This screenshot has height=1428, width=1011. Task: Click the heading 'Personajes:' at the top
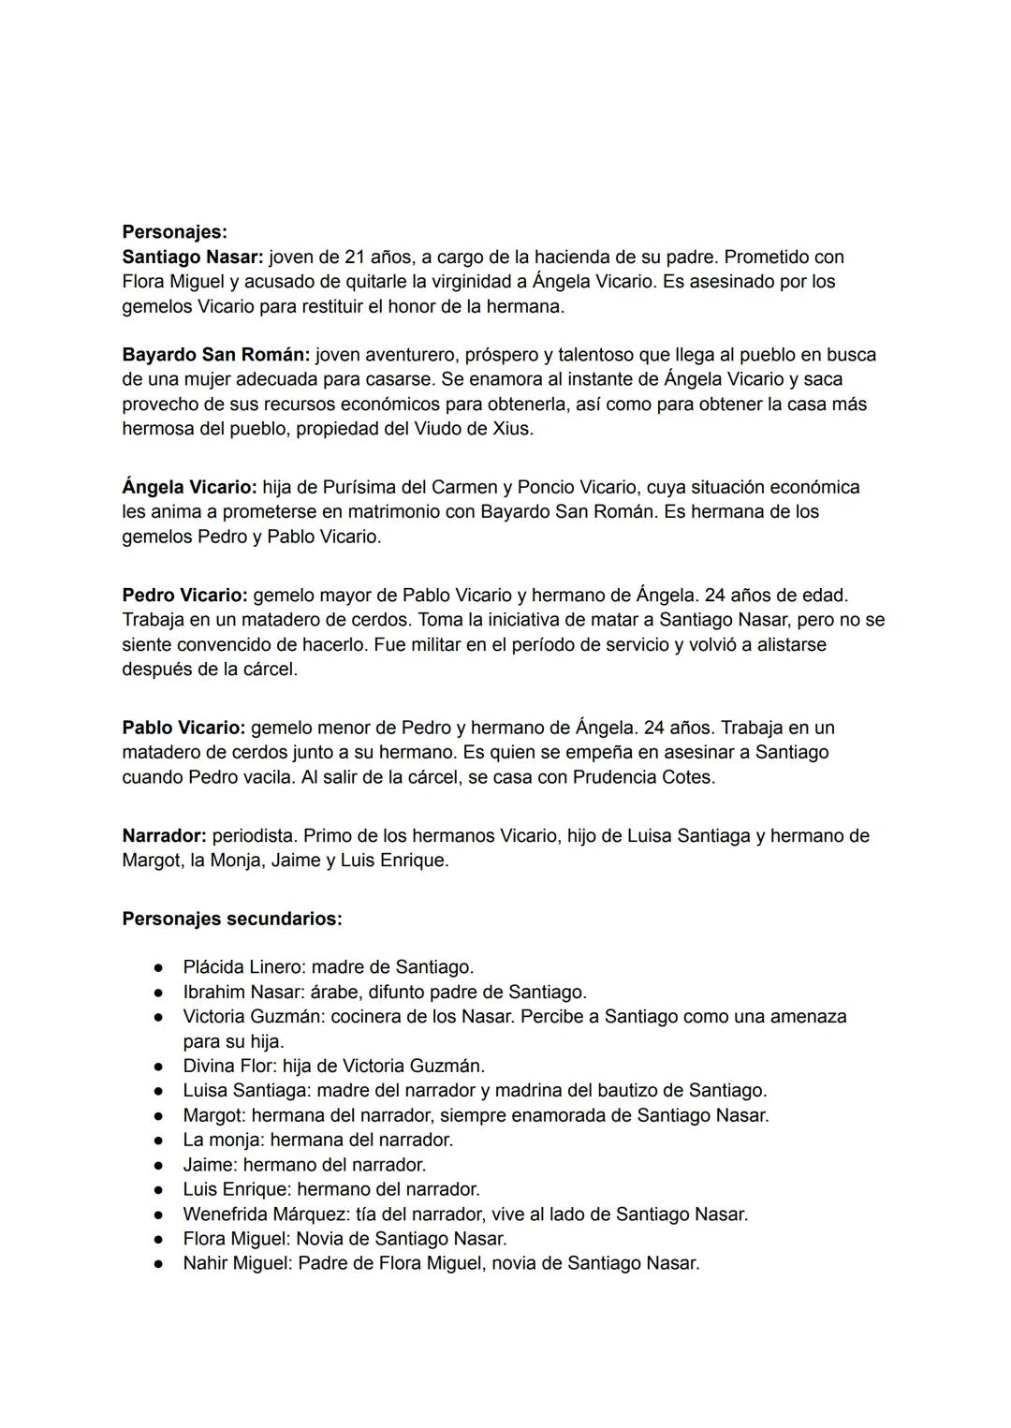(x=174, y=231)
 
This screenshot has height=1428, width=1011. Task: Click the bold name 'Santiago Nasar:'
(x=192, y=257)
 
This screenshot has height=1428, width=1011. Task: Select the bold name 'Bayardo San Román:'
(x=215, y=355)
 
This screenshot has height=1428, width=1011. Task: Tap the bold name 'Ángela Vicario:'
(x=189, y=487)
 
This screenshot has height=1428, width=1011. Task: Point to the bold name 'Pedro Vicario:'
(x=184, y=595)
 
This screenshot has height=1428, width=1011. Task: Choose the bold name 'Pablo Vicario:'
(x=183, y=728)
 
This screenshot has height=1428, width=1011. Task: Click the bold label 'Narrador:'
(x=164, y=835)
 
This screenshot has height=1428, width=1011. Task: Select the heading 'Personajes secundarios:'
(x=232, y=919)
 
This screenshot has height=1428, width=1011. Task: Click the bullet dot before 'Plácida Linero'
(x=161, y=967)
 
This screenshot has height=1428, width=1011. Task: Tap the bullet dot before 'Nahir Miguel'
(x=161, y=1263)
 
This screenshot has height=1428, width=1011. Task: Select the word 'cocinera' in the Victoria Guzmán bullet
(x=368, y=1016)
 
